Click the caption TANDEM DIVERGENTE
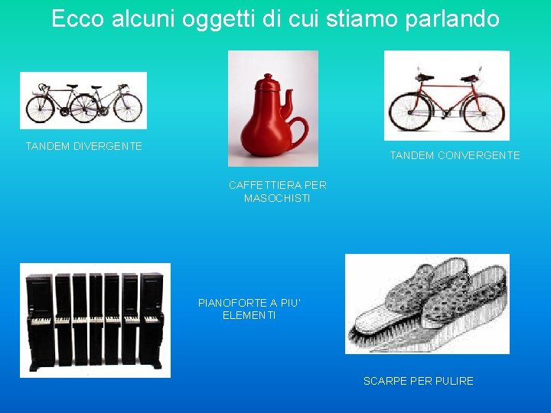tap(83, 146)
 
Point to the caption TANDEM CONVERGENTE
tap(455, 155)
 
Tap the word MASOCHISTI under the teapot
tap(277, 198)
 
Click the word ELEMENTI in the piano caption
tap(249, 315)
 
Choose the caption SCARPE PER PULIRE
tap(418, 381)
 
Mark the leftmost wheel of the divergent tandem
tap(40, 108)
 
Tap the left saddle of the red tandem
tap(424, 77)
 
